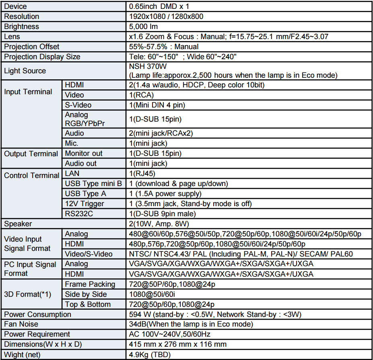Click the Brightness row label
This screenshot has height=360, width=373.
[22, 27]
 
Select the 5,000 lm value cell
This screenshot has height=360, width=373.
[144, 27]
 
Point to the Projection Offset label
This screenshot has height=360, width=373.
[32, 47]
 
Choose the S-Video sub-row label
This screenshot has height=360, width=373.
[78, 105]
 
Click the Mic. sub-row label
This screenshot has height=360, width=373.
[72, 143]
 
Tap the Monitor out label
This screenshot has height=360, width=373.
[84, 153]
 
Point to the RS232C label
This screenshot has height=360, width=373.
[79, 214]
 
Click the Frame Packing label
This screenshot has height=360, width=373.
[90, 284]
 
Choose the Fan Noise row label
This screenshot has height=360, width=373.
[21, 324]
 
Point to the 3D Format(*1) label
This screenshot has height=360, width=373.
[28, 294]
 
